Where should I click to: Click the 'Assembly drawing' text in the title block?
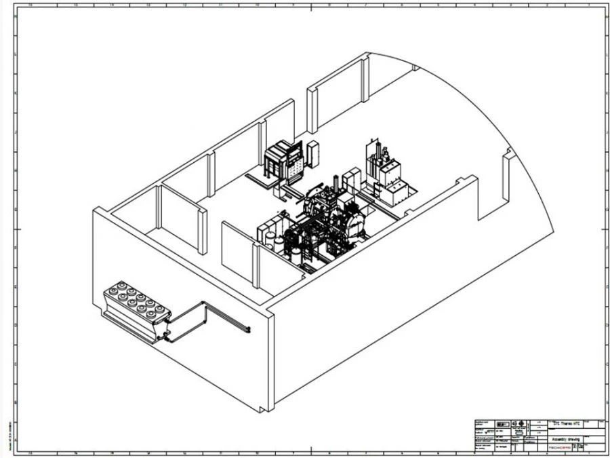(565, 439)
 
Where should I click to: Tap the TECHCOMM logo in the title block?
(559, 448)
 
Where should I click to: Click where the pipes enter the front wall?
(249, 330)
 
